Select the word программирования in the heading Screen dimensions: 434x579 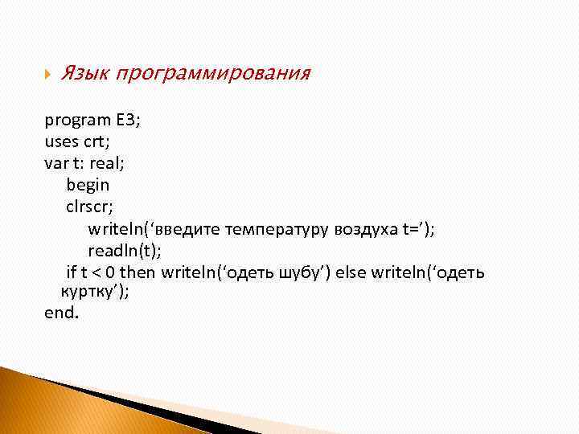click(x=212, y=75)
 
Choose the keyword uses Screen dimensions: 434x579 click(x=61, y=142)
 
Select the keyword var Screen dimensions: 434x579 click(x=56, y=164)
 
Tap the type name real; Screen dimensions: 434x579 click(x=108, y=164)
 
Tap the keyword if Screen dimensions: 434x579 click(x=70, y=272)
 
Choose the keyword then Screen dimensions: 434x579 click(x=138, y=272)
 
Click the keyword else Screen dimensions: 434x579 click(x=351, y=272)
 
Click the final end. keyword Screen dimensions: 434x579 click(x=62, y=313)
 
